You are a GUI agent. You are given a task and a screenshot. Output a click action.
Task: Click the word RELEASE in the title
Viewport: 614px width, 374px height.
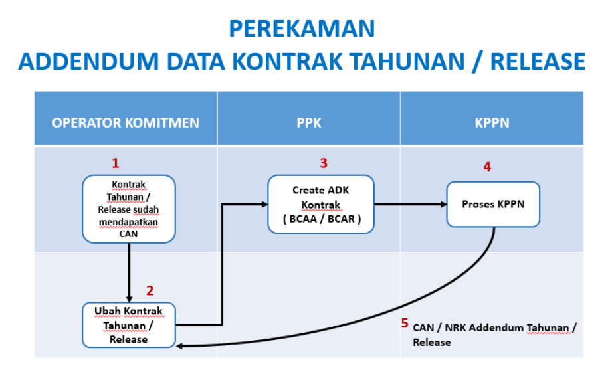(x=538, y=61)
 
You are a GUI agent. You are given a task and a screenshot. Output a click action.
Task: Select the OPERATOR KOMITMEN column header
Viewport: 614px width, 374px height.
(x=126, y=122)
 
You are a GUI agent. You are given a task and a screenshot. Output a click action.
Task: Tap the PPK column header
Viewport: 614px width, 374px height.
(x=308, y=122)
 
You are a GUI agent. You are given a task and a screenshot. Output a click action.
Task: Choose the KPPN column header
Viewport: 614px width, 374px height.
(x=491, y=122)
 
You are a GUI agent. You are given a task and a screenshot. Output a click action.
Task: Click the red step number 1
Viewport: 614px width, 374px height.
(x=116, y=163)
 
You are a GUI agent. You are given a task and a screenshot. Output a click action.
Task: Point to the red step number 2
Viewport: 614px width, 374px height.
(x=150, y=290)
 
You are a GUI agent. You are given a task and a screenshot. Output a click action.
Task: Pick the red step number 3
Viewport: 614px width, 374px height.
(x=324, y=163)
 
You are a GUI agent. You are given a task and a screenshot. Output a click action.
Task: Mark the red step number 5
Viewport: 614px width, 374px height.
(x=404, y=324)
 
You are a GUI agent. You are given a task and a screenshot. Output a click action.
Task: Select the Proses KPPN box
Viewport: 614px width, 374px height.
(x=493, y=204)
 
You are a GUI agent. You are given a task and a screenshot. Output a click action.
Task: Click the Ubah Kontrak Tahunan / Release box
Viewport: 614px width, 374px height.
(x=129, y=325)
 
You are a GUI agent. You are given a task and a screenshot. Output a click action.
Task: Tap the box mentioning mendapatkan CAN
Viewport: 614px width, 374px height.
(x=128, y=209)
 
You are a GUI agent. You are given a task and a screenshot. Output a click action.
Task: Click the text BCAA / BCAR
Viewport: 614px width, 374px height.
(x=321, y=219)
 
